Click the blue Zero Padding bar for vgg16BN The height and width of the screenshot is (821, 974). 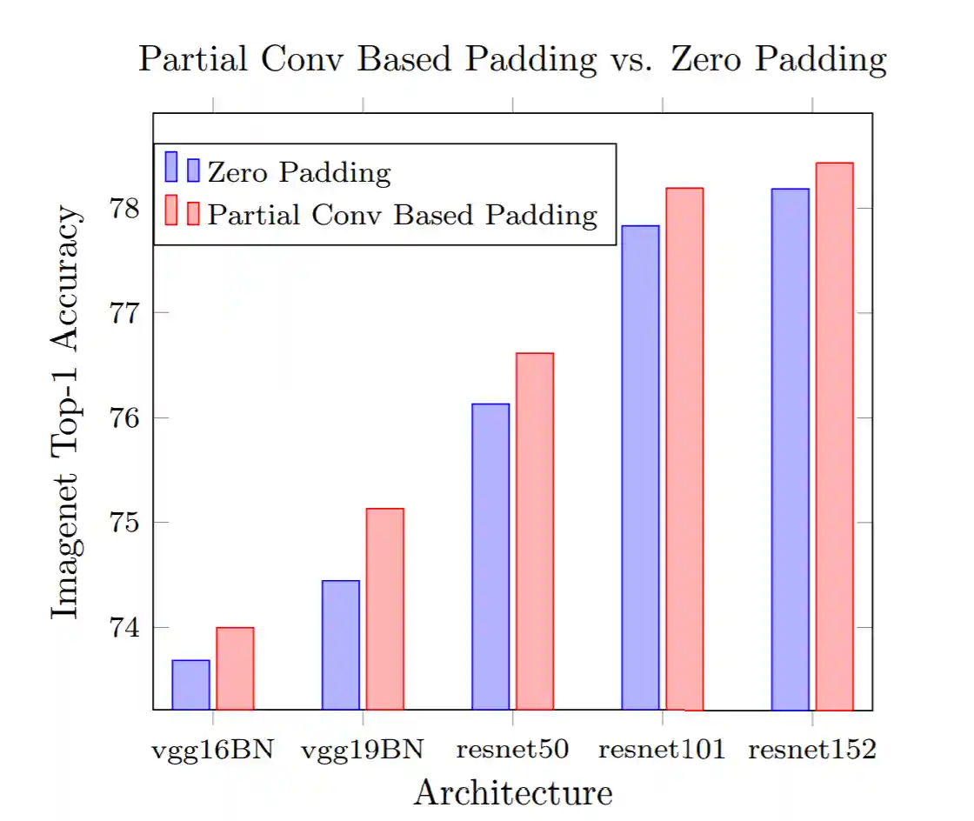pyautogui.click(x=190, y=685)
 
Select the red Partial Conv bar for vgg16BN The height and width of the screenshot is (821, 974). pyautogui.click(x=235, y=669)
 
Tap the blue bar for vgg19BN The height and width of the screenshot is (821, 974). pyautogui.click(x=340, y=644)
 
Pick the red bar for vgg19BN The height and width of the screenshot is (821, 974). pyautogui.click(x=384, y=609)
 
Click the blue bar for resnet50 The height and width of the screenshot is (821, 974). pyautogui.click(x=490, y=557)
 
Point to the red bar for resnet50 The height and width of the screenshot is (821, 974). pyautogui.click(x=535, y=531)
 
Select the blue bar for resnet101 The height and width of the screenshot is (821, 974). pyautogui.click(x=640, y=468)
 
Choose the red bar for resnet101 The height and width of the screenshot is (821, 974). pyautogui.click(x=684, y=449)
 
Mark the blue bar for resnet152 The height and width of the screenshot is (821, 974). pyautogui.click(x=790, y=449)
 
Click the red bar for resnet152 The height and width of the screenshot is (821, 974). pyautogui.click(x=834, y=437)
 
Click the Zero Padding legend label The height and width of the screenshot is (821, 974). pyautogui.click(x=299, y=172)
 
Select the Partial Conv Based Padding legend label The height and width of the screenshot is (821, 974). pyautogui.click(x=403, y=214)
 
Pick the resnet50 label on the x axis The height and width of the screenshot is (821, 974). pyautogui.click(x=512, y=750)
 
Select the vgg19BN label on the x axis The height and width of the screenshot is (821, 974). pyautogui.click(x=363, y=750)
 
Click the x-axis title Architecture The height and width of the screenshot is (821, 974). pyautogui.click(x=512, y=792)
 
